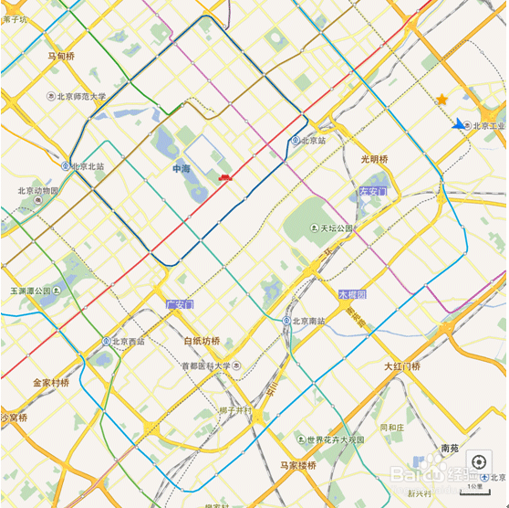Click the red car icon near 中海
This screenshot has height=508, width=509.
click(x=223, y=178)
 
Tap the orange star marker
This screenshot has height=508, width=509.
click(x=441, y=99)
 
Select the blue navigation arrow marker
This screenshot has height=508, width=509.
click(x=459, y=124)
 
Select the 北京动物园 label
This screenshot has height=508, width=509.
click(x=37, y=191)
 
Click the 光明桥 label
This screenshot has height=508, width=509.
click(x=374, y=159)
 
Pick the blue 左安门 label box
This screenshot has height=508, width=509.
click(x=373, y=192)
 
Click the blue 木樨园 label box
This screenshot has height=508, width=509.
click(x=351, y=294)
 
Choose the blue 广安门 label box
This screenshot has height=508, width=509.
click(x=180, y=303)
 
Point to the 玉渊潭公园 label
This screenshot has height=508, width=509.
click(x=32, y=291)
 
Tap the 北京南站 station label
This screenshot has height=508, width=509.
click(x=308, y=322)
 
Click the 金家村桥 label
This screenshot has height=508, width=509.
click(x=51, y=382)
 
